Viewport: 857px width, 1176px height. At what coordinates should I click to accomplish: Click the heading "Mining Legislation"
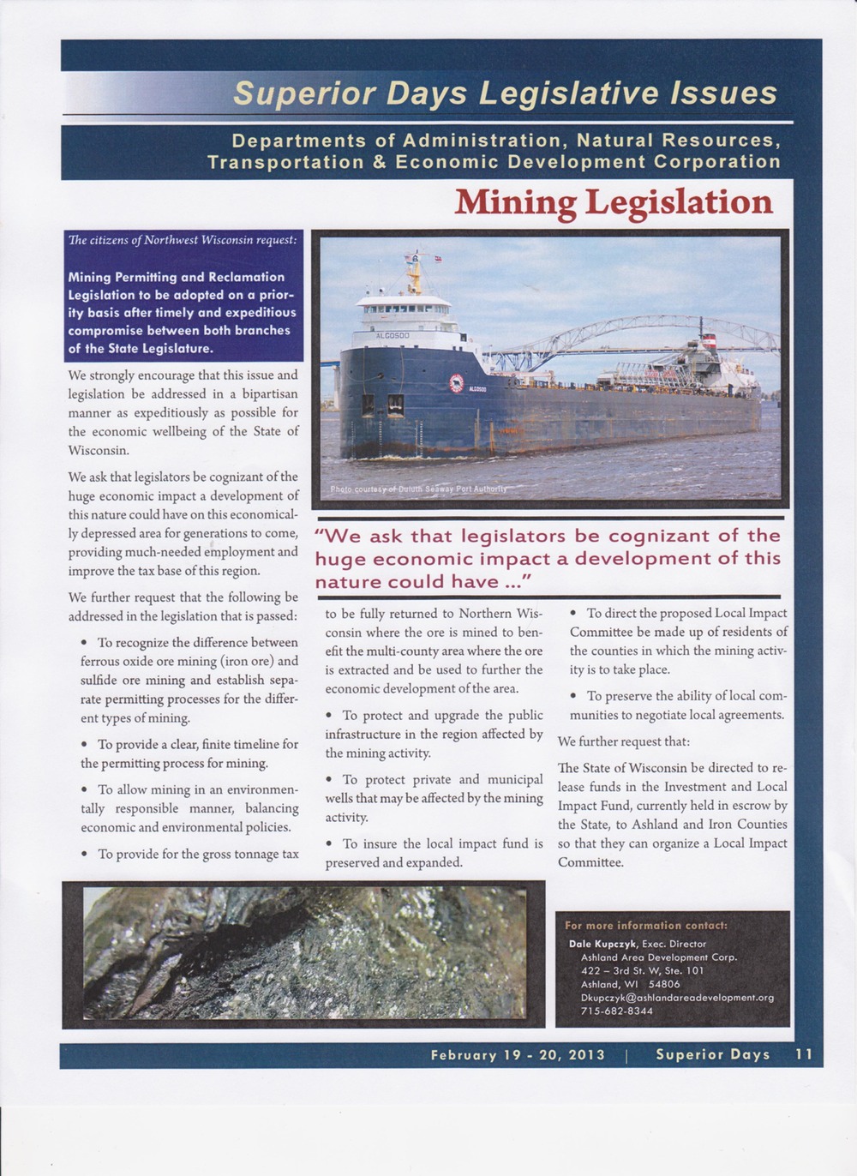pyautogui.click(x=613, y=202)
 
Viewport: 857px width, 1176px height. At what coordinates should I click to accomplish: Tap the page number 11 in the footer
pyautogui.click(x=803, y=1054)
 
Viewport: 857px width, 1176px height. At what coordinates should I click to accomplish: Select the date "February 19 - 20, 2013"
pyautogui.click(x=518, y=1055)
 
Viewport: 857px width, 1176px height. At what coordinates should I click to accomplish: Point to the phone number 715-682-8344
pyautogui.click(x=617, y=1011)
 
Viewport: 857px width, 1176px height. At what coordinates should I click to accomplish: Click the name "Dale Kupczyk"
pyautogui.click(x=602, y=944)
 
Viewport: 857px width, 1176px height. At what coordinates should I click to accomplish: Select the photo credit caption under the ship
pyautogui.click(x=419, y=489)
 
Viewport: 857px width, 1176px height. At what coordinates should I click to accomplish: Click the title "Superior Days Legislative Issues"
pyautogui.click(x=505, y=93)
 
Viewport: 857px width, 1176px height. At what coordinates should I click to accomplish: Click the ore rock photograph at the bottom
pyautogui.click(x=304, y=953)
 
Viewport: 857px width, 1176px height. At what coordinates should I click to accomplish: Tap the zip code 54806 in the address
pyautogui.click(x=663, y=984)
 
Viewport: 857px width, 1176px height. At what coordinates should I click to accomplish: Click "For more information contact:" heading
pyautogui.click(x=646, y=926)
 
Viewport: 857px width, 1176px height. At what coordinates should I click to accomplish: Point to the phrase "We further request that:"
pyautogui.click(x=623, y=741)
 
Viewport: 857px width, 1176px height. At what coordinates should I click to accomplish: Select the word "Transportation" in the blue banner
pyautogui.click(x=285, y=162)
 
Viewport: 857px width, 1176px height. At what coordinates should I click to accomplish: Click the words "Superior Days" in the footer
pyautogui.click(x=712, y=1055)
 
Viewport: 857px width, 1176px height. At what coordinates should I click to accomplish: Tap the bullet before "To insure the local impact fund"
pyautogui.click(x=331, y=844)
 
